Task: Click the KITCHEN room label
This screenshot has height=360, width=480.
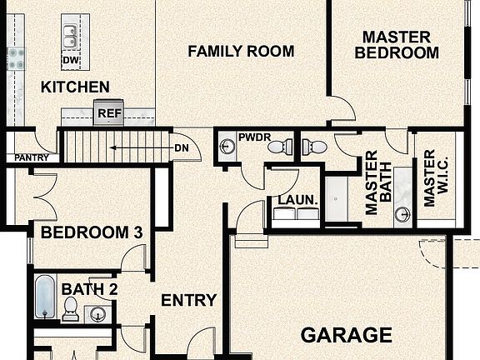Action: point(75,87)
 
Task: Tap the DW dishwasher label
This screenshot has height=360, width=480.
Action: point(70,60)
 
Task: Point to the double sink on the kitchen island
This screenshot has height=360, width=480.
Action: point(70,37)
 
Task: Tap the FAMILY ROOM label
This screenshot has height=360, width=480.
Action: point(241,52)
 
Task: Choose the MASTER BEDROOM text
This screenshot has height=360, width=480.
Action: point(397,45)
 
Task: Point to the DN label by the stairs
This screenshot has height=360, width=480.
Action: point(181,149)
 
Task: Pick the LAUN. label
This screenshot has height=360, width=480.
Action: point(297,200)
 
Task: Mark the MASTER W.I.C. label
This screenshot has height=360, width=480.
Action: point(429,178)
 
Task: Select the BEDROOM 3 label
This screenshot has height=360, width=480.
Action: point(91,232)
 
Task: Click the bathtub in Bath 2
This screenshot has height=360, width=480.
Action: point(44,297)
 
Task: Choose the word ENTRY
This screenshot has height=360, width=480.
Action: point(188,301)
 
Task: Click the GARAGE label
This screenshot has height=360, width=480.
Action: point(346,336)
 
